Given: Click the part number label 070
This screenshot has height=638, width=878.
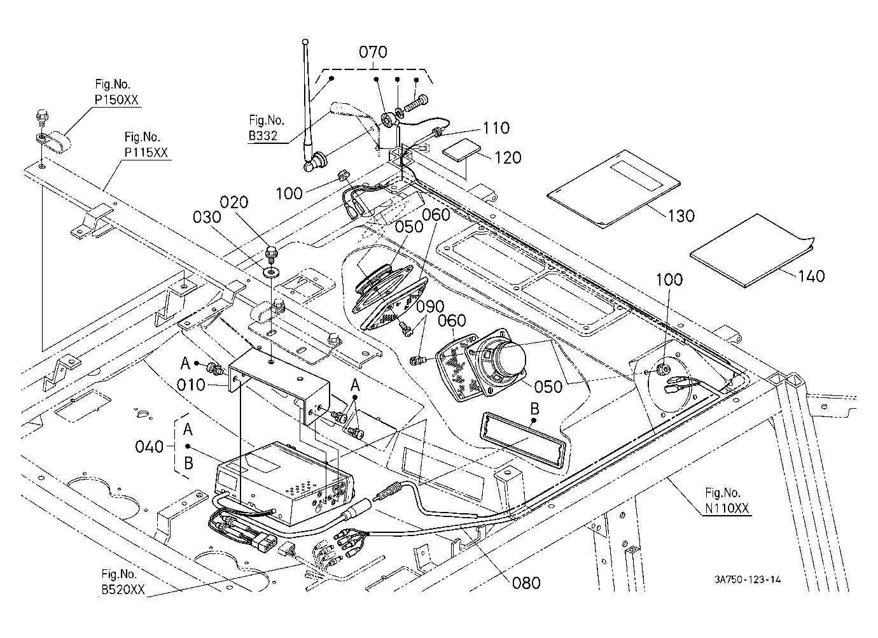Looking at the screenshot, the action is coord(373,52).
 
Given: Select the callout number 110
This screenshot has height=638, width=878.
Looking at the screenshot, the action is coord(496,128).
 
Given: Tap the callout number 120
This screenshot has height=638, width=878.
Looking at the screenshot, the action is coord(508,158).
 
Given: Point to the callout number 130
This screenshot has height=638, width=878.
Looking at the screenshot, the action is coord(681,216).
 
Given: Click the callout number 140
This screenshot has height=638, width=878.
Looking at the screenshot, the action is coord(811,276).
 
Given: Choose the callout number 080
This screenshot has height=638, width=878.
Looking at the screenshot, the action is coord(526,583).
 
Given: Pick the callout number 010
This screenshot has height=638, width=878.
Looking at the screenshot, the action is coord(191,385).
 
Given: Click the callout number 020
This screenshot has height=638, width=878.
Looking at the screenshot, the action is coord(234,202).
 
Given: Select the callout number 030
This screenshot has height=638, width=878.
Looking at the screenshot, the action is coord(207,217).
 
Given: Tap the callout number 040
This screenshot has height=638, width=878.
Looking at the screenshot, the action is coord(150,447).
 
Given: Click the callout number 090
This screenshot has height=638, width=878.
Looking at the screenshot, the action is coord(430,306).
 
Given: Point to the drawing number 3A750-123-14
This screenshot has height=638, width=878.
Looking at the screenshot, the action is coord(748,579).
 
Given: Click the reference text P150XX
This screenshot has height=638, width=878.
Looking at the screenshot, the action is coord(116,100).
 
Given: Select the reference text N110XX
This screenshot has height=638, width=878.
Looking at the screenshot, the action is coord(727,508).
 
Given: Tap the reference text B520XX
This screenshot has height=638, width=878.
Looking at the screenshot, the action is coord(123,590).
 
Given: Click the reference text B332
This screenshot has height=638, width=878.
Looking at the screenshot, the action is coord(263,136).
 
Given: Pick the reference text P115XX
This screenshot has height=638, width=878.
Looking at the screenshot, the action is coord(146,152).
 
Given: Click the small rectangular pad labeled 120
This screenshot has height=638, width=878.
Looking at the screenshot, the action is coord(461,150).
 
